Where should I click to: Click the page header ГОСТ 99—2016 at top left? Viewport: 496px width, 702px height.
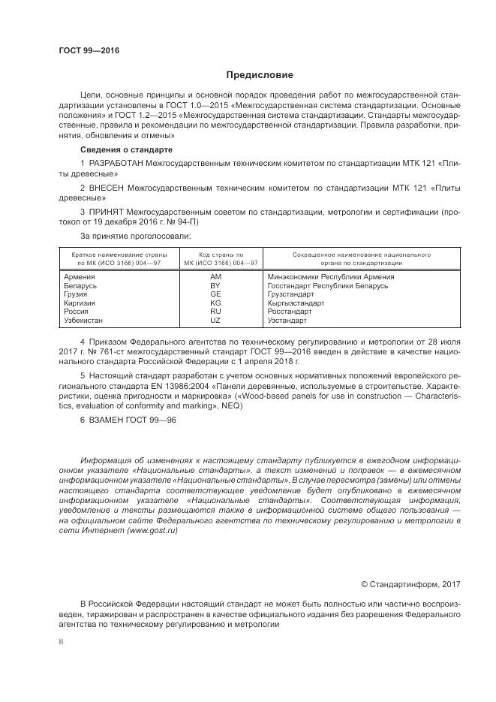(89, 51)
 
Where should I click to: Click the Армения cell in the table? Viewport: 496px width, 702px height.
(81, 277)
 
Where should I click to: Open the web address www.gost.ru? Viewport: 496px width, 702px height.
(152, 530)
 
